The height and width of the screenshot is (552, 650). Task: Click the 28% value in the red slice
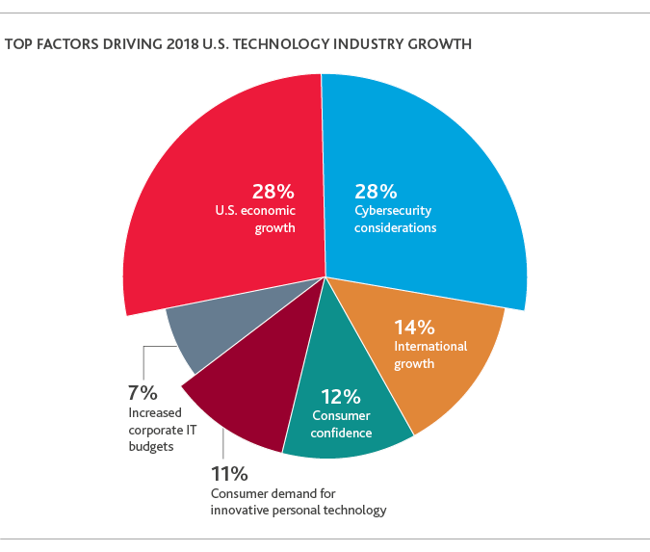(x=273, y=191)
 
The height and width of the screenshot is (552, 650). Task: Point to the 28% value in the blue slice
(x=377, y=191)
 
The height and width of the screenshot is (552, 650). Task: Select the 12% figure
(x=340, y=396)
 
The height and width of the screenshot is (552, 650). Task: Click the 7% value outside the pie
(x=142, y=392)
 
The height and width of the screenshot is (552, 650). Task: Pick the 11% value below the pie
(x=229, y=473)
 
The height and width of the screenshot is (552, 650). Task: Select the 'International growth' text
(x=430, y=355)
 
